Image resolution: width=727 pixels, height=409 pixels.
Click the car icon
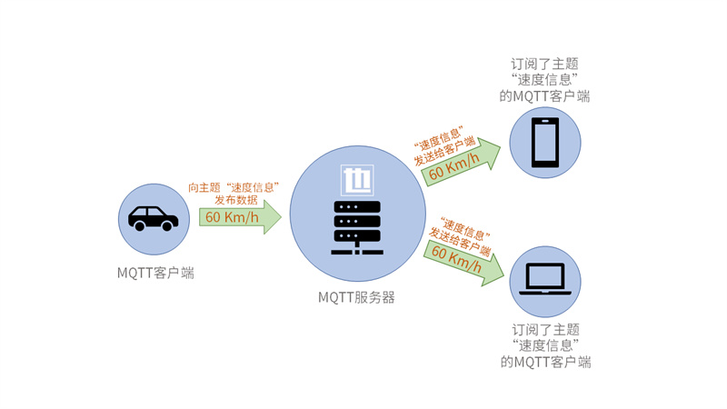(153, 218)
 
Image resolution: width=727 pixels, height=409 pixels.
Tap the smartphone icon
(544, 143)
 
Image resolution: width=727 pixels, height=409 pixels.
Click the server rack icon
(357, 227)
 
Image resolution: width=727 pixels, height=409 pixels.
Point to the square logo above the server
(356, 180)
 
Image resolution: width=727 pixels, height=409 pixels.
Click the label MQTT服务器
(356, 297)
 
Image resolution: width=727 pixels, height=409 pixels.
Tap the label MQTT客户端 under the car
(155, 272)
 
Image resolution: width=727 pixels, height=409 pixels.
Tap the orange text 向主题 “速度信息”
(233, 186)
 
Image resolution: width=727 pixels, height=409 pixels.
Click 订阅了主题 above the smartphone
(544, 64)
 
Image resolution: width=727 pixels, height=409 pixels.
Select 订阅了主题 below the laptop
(545, 330)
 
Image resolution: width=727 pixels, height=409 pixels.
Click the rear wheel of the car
(139, 225)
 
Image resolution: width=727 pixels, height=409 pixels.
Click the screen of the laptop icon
(544, 275)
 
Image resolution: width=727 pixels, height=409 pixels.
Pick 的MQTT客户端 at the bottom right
(545, 362)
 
